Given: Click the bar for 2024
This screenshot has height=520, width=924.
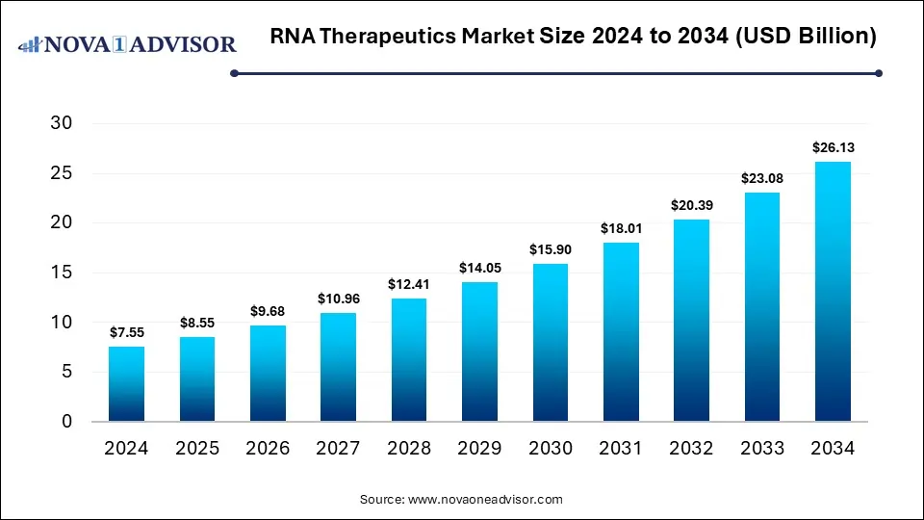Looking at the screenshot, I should (126, 384).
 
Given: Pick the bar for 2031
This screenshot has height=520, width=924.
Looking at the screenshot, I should (621, 332).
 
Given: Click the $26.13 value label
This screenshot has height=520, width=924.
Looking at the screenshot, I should (833, 148).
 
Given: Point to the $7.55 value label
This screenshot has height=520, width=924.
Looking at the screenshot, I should (126, 333).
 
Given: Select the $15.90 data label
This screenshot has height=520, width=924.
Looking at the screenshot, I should (550, 249).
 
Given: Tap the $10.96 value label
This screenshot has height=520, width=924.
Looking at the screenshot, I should (338, 299).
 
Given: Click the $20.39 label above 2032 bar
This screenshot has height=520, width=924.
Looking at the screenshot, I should (691, 205).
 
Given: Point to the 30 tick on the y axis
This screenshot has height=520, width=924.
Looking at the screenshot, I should (61, 123).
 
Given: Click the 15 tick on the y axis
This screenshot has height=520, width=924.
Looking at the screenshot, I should (61, 273).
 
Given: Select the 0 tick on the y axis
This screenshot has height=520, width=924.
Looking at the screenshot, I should (66, 422).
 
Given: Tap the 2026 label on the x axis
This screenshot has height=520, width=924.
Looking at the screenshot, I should (268, 449).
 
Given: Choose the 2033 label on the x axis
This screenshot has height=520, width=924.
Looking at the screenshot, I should (762, 449).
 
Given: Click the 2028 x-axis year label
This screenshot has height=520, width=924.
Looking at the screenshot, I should (409, 449).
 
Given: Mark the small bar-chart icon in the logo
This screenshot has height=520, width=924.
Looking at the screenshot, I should (32, 44).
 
